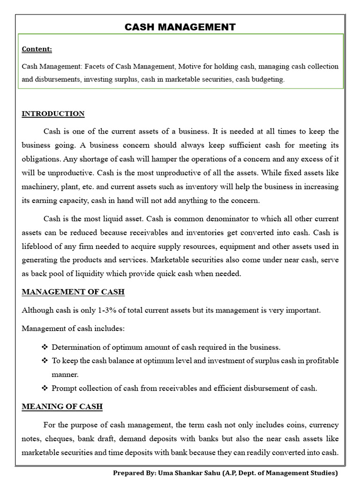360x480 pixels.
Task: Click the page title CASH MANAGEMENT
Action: pyautogui.click(x=180, y=27)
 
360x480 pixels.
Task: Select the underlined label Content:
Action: pyautogui.click(x=37, y=49)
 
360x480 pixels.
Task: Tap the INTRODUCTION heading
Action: pyautogui.click(x=53, y=113)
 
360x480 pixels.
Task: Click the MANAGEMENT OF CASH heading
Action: pyautogui.click(x=73, y=292)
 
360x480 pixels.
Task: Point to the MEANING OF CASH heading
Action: pyautogui.click(x=62, y=406)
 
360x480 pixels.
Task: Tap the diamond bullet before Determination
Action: pyautogui.click(x=45, y=347)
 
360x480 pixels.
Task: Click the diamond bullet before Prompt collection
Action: pyautogui.click(x=45, y=388)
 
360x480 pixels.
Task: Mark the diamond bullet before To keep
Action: pyautogui.click(x=45, y=361)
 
